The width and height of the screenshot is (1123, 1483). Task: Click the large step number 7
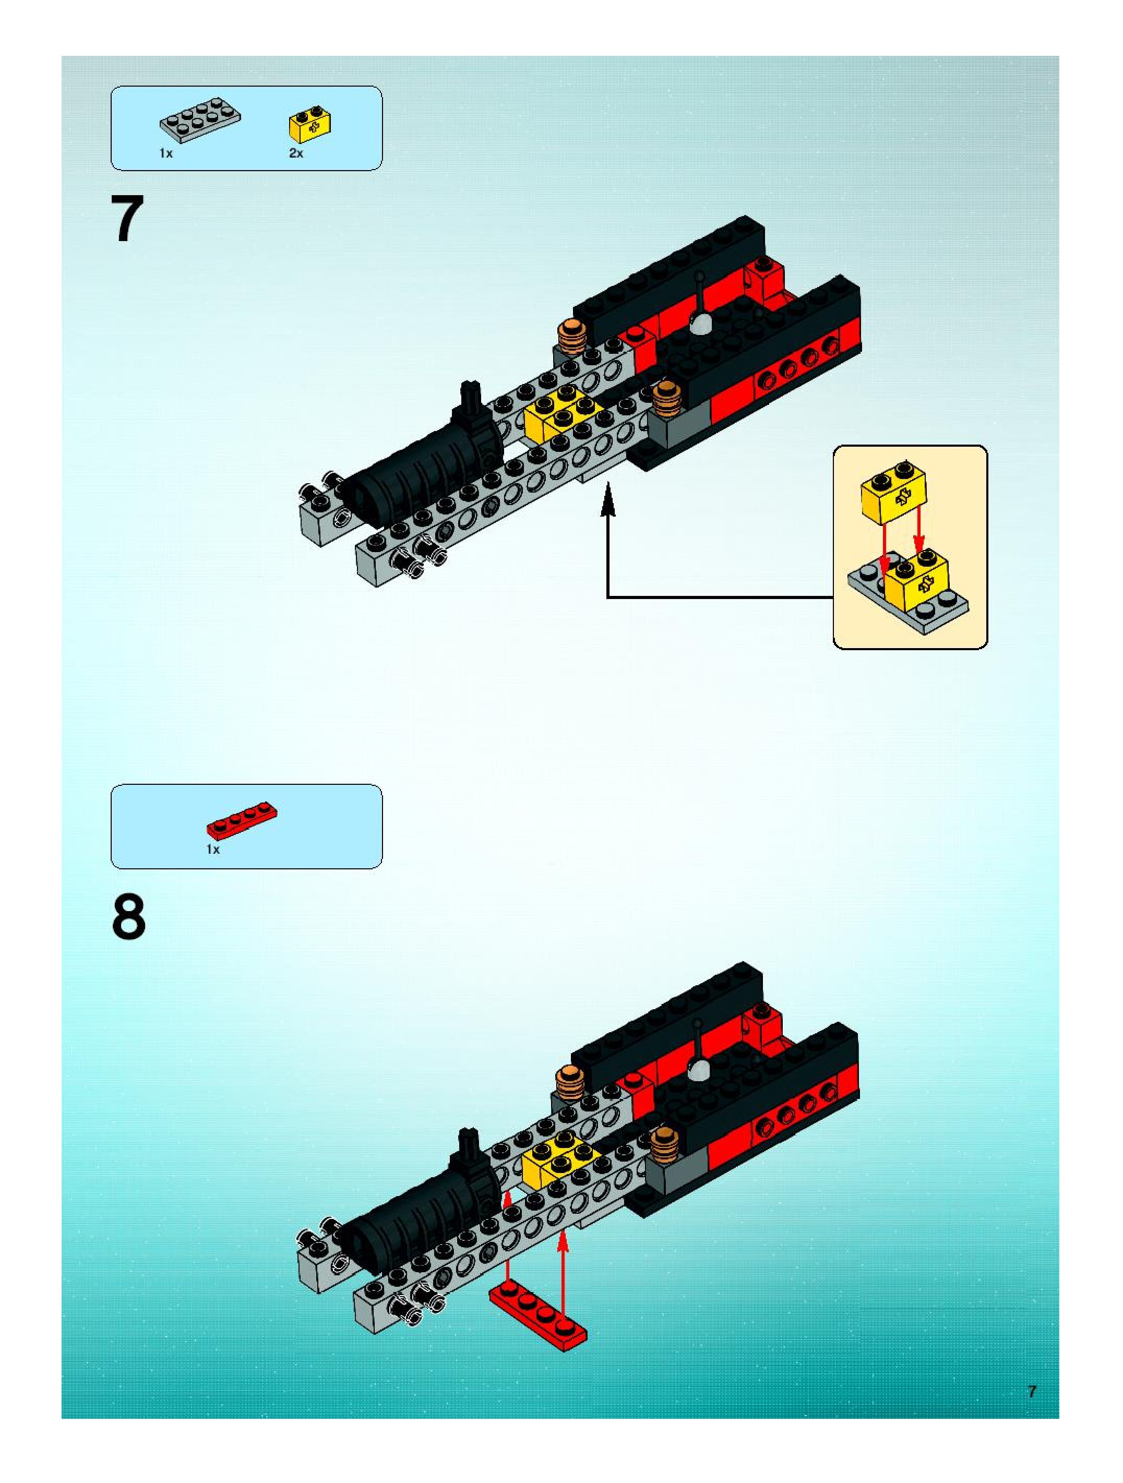(127, 219)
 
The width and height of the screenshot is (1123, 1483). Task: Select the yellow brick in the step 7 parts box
(311, 124)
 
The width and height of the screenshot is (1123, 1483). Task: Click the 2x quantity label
(296, 153)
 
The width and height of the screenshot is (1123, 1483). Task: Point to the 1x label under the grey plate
(165, 153)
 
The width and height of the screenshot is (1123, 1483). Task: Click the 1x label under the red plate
(212, 850)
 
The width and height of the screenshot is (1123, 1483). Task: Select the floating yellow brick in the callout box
(894, 494)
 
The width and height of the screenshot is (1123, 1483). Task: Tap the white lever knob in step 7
(701, 324)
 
